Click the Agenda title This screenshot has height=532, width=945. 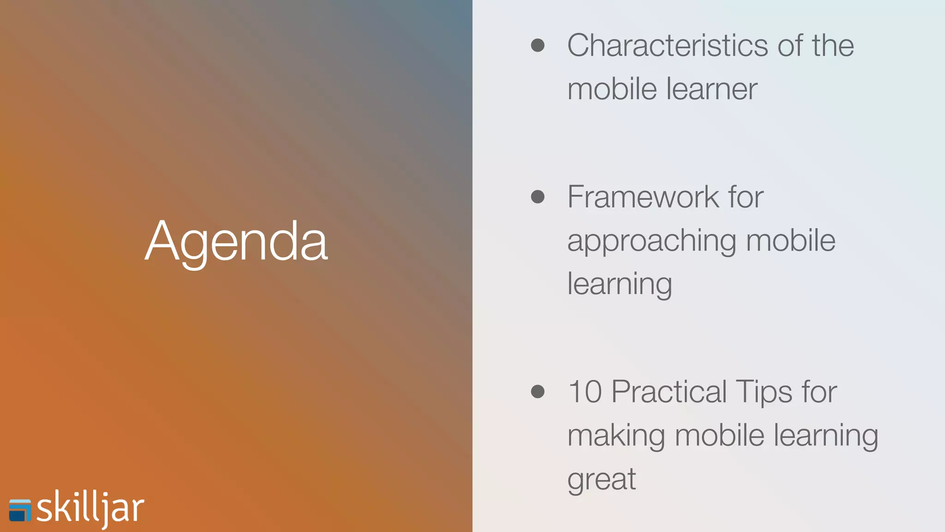[x=236, y=242]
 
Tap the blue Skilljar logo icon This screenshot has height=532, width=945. [x=20, y=510]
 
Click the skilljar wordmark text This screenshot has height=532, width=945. [x=90, y=508]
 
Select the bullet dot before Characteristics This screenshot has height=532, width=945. [x=538, y=45]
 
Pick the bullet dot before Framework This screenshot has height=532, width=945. [x=538, y=197]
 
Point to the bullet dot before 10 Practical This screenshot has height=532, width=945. [x=538, y=392]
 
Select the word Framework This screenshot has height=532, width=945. [x=643, y=197]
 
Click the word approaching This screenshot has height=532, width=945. [x=652, y=242]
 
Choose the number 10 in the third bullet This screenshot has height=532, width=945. [x=585, y=392]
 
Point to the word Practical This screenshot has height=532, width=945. [x=669, y=392]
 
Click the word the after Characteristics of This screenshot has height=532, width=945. [x=833, y=46]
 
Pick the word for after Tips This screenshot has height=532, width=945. [x=819, y=392]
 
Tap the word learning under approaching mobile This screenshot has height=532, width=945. [x=619, y=284]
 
